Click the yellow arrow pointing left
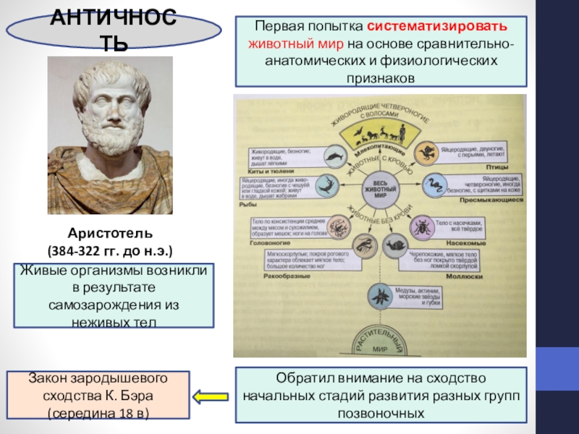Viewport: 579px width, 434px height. (x=211, y=396)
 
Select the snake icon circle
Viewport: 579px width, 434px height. (x=435, y=186)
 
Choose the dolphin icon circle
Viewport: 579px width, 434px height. (x=334, y=155)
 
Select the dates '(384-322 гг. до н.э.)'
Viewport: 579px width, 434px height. (x=110, y=251)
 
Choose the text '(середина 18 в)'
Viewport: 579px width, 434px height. (x=98, y=414)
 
